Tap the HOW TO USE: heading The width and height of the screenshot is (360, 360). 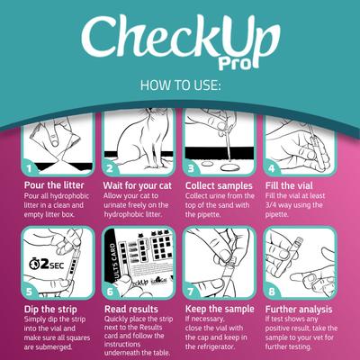click(179, 87)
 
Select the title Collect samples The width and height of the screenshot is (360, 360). click(220, 184)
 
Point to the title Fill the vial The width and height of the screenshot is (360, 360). click(293, 184)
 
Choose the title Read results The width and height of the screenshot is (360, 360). click(132, 309)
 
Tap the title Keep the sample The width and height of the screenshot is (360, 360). click(221, 309)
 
